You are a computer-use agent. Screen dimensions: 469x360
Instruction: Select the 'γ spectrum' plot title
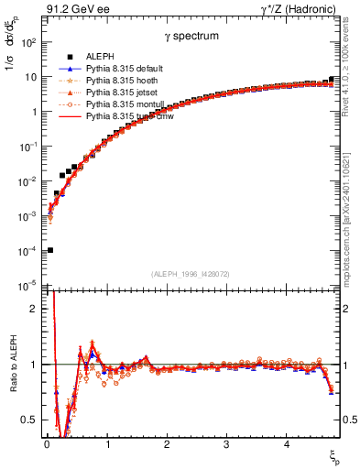[x=191, y=36]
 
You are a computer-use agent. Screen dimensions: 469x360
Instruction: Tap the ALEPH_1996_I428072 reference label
[x=191, y=274]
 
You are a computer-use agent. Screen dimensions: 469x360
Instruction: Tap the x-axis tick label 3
[x=227, y=444]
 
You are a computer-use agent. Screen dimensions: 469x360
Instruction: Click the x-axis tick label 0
[x=47, y=444]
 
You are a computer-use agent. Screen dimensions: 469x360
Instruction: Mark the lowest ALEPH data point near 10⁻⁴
[x=49, y=250]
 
